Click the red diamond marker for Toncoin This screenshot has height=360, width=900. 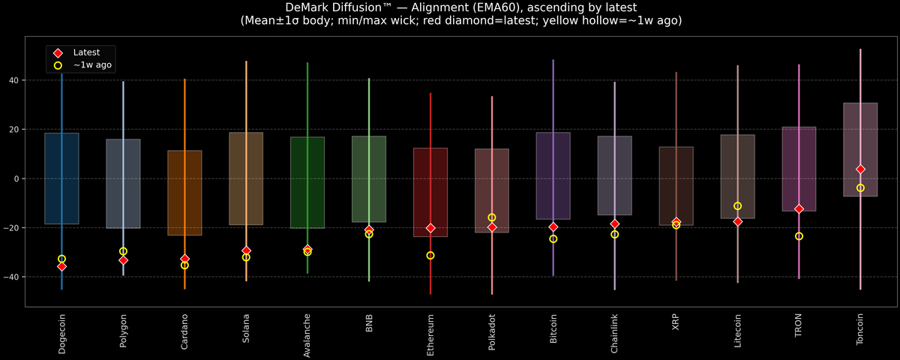pos(860,169)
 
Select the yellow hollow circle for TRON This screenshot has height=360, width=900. pos(799,236)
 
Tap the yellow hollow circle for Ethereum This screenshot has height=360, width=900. pos(430,256)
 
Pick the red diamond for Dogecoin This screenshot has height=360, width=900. pos(61,266)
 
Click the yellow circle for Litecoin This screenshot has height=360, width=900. pos(737,206)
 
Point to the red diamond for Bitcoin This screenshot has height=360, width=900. pos(553,227)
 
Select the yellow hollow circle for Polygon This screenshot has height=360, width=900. pos(123,251)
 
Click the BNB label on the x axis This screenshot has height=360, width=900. pos(369,324)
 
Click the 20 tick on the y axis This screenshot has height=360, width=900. pos(14,130)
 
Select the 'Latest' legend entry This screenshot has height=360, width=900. pos(85,52)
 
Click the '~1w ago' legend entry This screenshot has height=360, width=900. pos(92,66)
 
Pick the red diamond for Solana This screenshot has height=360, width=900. pos(246,250)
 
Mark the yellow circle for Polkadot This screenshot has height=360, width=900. pos(492,217)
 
